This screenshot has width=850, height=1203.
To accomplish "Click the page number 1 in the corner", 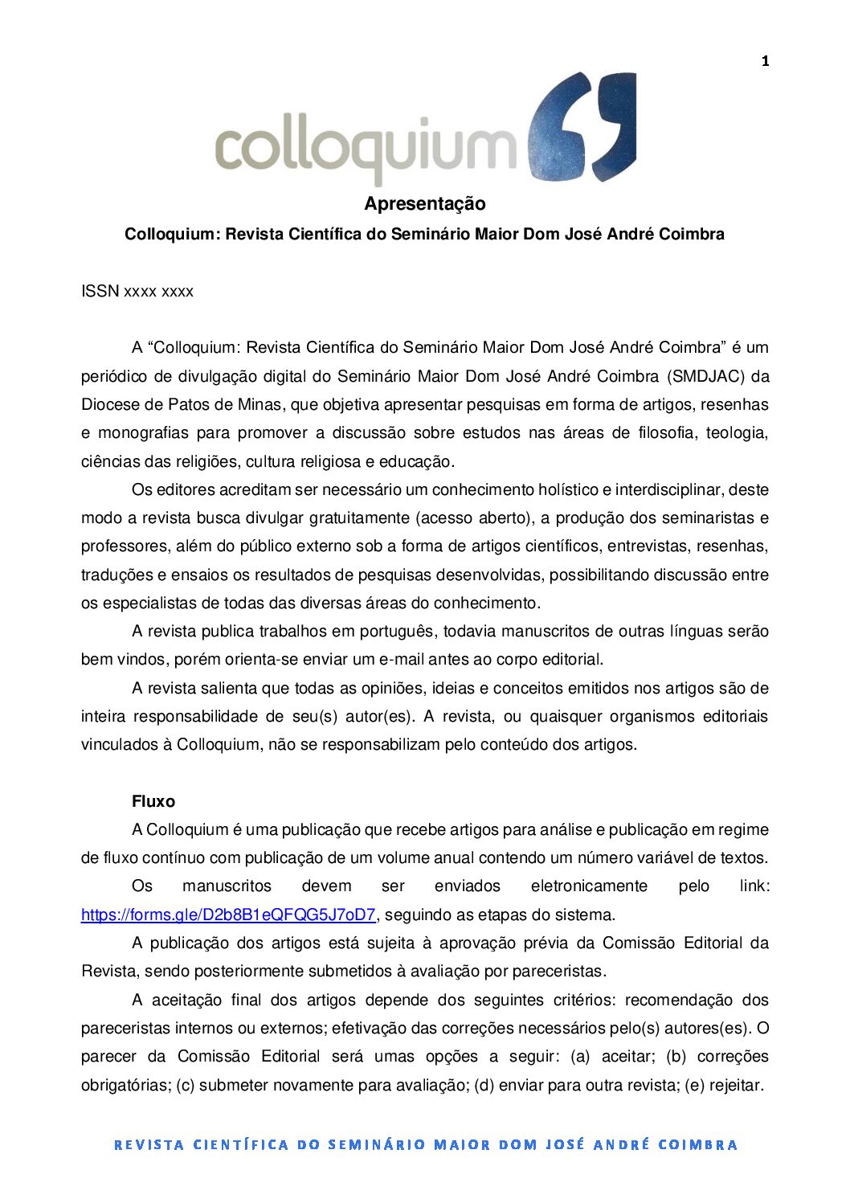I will click(x=766, y=61).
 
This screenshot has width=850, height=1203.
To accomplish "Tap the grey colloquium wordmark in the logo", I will click(x=366, y=149).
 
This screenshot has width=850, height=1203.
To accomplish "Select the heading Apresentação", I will click(x=424, y=204).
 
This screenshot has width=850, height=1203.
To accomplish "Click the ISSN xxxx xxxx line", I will click(x=137, y=292).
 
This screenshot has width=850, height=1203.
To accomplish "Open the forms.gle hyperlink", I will click(x=228, y=915).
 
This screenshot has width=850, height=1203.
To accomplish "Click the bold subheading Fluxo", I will click(x=153, y=801).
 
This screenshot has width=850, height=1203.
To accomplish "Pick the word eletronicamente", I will click(x=589, y=886).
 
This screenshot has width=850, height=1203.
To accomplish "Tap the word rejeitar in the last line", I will click(x=734, y=1085).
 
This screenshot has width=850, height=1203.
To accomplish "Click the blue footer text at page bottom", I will click(x=425, y=1144).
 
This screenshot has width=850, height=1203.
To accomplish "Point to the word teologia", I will click(x=736, y=432).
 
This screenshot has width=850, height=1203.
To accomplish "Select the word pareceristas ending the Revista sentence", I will click(x=557, y=971).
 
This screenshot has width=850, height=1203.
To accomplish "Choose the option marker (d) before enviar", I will click(x=484, y=1085).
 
